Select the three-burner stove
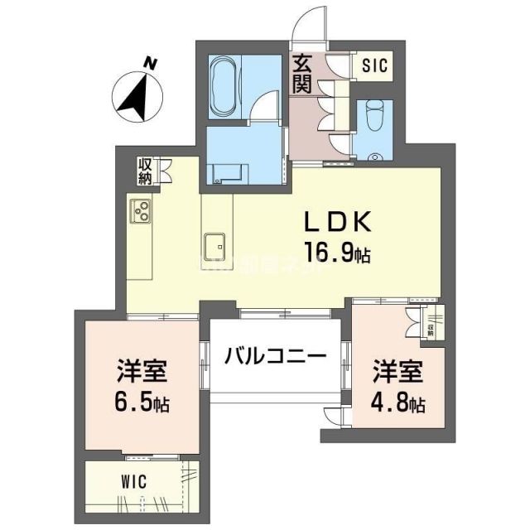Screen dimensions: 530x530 pyautogui.click(x=139, y=211)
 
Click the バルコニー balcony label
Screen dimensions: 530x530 pyautogui.click(x=273, y=358)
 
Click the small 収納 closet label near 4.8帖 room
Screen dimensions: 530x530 pyautogui.click(x=431, y=329)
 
